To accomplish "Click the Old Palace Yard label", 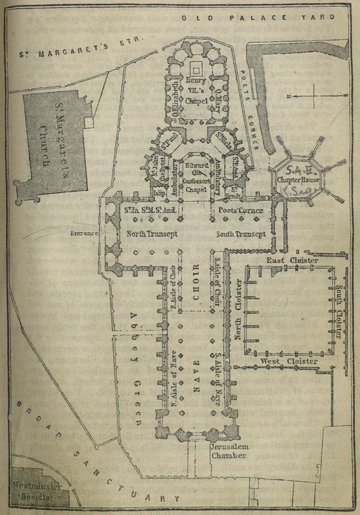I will tap(258, 18).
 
